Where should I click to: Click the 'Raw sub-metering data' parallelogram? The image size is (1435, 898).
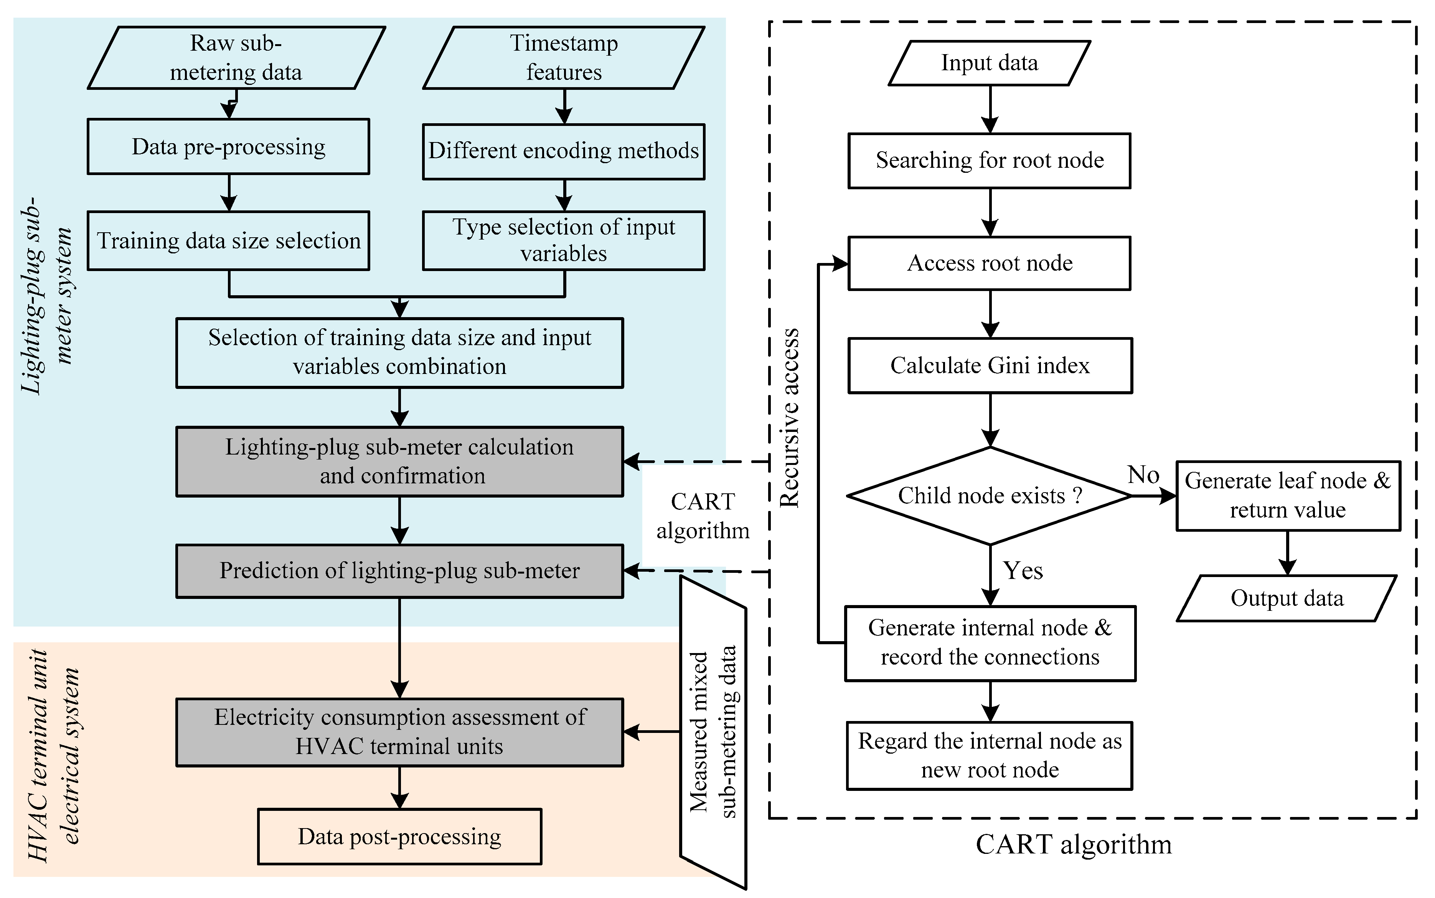click(x=236, y=58)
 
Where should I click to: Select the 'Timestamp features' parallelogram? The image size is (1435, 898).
click(x=564, y=58)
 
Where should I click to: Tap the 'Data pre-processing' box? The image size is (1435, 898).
click(x=228, y=147)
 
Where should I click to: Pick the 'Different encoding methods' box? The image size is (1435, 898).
click(x=564, y=151)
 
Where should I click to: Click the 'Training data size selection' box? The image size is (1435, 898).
click(x=228, y=241)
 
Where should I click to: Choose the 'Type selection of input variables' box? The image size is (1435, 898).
click(x=564, y=241)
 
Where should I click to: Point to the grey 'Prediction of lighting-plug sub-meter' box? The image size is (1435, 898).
click(x=399, y=571)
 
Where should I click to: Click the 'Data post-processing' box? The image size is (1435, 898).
click(x=399, y=836)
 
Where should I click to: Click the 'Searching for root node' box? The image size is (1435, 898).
click(x=989, y=161)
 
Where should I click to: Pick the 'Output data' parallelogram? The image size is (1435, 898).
click(x=1287, y=599)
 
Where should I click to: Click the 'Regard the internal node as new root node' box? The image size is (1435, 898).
click(x=989, y=756)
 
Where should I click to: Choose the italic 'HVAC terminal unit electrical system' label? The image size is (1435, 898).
click(x=53, y=756)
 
